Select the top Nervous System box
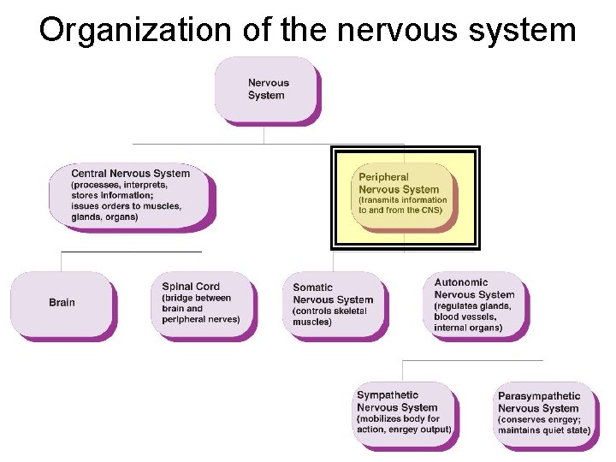tap(267, 89)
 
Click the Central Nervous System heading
tap(130, 173)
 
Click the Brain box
tap(62, 303)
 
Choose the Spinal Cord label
tap(191, 287)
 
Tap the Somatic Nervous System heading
tap(333, 293)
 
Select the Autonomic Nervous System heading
tap(474, 288)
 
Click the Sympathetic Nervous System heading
tap(397, 401)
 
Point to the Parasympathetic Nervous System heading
tap(539, 402)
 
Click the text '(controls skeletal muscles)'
tap(329, 317)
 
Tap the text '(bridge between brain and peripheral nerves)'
tap(200, 309)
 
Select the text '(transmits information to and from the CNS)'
tap(402, 205)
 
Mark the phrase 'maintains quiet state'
tap(543, 430)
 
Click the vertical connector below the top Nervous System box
tap(265, 134)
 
